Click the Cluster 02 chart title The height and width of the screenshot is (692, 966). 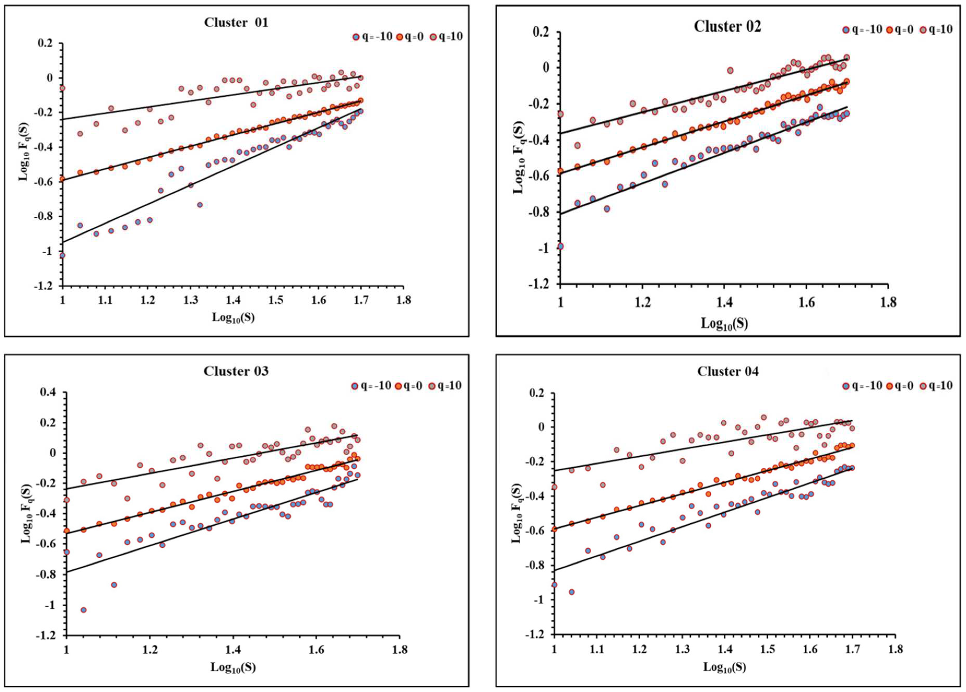pyautogui.click(x=727, y=26)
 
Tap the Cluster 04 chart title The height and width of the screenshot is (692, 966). pyautogui.click(x=727, y=372)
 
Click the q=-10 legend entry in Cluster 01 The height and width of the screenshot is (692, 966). pyautogui.click(x=373, y=37)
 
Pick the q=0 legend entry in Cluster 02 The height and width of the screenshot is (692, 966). pyautogui.click(x=899, y=30)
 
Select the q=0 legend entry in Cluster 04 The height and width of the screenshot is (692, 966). pyautogui.click(x=899, y=386)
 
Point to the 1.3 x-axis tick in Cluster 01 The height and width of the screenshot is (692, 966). pyautogui.click(x=190, y=300)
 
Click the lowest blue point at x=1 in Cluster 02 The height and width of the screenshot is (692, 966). pyautogui.click(x=560, y=246)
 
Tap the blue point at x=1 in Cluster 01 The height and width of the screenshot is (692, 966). pyautogui.click(x=63, y=255)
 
